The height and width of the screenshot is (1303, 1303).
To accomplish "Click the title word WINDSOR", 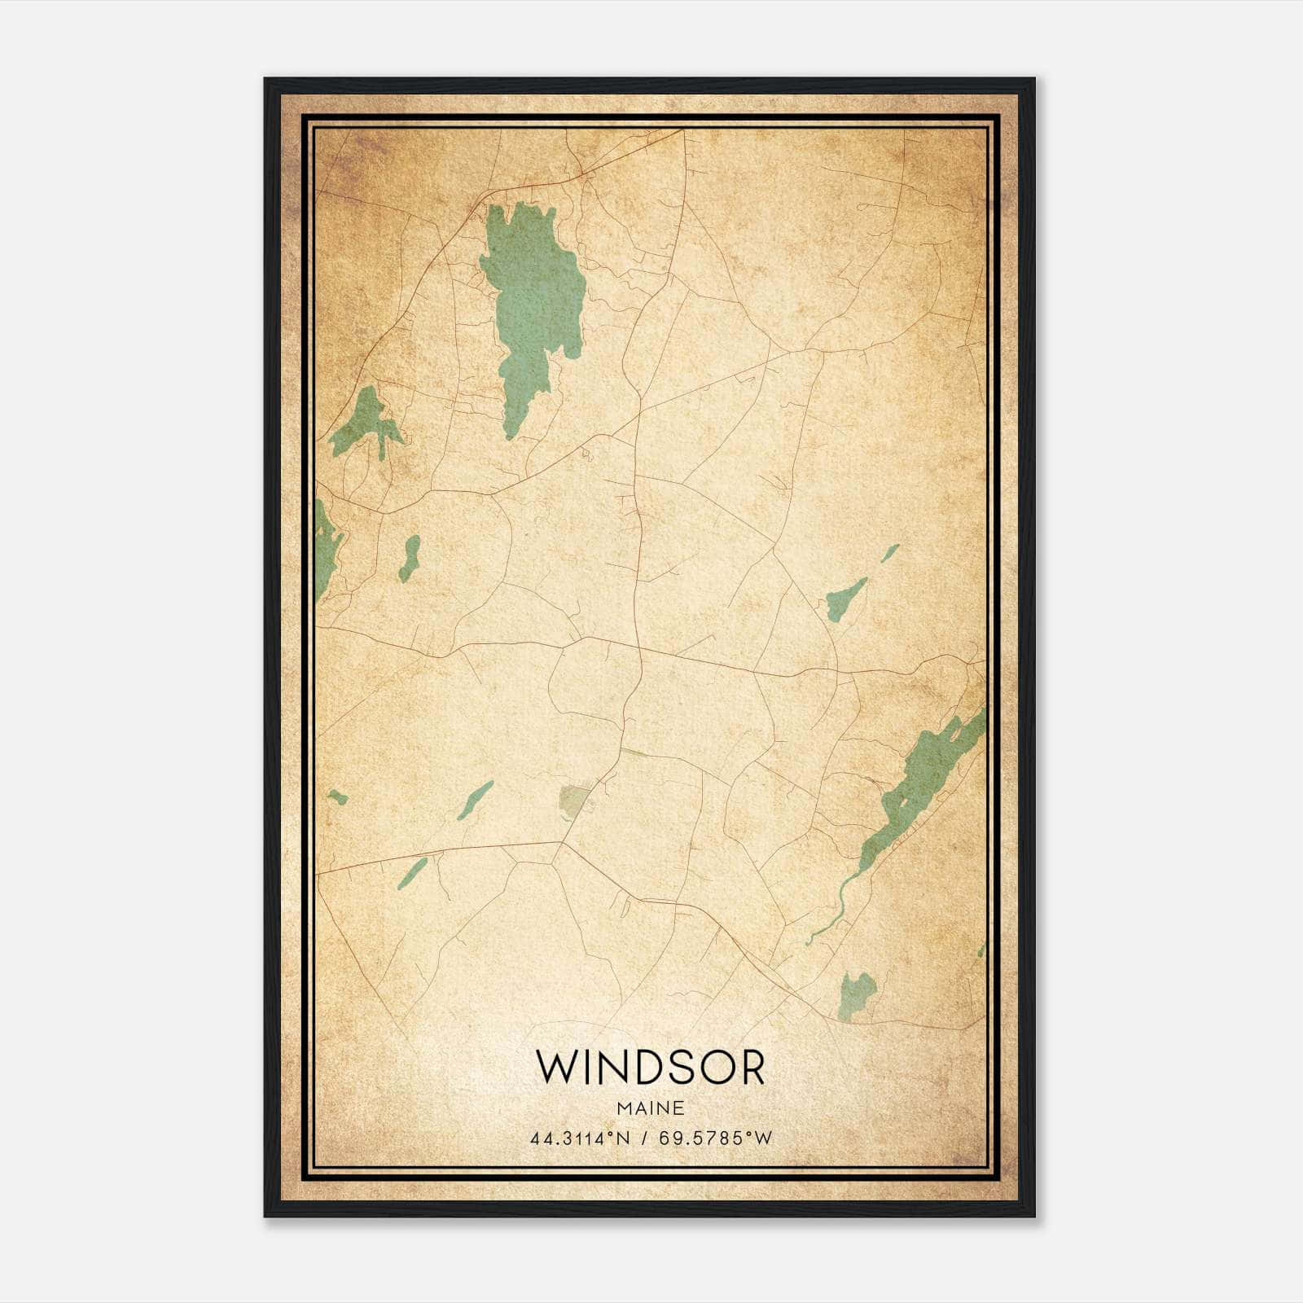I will pos(650,1068).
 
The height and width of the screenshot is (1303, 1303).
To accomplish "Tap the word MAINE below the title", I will pos(650,1108).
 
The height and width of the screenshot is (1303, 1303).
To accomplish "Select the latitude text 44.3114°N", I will pos(580,1138).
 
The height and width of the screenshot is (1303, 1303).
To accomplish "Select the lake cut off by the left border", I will pos(326,550).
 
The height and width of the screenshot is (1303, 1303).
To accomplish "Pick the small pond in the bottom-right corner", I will pos(855,994).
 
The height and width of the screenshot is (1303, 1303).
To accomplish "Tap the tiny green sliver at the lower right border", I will pos(982,949).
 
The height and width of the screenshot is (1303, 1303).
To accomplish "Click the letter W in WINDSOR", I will pos(555,1068).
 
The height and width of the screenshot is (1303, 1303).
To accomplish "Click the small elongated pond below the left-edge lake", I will pos(410,558).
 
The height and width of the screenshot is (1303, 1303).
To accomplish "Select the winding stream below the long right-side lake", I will pos(835,904).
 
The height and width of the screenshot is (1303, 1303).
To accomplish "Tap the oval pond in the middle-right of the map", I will pos(845,600).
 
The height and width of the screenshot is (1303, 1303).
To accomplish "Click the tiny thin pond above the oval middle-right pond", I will pos(889,554).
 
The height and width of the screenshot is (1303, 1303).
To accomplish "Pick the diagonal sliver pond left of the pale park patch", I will pos(475,800).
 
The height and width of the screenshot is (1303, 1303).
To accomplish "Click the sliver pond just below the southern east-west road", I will pos(413,872).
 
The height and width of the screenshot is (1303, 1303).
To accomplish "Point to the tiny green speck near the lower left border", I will pos(337,796).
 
